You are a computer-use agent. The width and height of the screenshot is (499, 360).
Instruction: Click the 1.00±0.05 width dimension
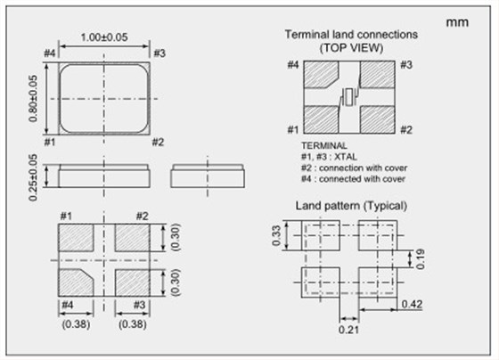tap(104, 37)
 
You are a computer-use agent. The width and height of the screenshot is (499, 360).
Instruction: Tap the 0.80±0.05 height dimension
tap(33, 98)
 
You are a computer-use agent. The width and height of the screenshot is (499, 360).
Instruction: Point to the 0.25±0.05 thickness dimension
tap(33, 177)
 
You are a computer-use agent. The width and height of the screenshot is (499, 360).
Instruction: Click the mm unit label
tap(457, 22)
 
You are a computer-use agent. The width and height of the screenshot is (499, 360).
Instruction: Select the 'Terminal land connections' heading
tap(351, 35)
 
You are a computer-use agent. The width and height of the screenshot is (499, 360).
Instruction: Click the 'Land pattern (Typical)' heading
tap(351, 206)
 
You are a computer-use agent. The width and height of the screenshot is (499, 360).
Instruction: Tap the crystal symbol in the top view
tap(349, 97)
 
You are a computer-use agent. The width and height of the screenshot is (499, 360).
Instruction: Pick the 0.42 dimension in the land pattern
tap(412, 304)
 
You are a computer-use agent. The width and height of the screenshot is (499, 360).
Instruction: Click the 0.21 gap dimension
tap(348, 330)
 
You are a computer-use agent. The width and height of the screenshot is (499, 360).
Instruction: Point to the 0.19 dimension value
tap(420, 259)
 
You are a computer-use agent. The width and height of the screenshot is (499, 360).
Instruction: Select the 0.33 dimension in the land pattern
tap(276, 235)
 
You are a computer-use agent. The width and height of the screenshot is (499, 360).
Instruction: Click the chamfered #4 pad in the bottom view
tap(76, 282)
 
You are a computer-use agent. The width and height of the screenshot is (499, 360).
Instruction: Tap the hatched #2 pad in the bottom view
tap(133, 238)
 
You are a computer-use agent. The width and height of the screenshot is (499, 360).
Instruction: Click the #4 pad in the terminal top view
tap(320, 74)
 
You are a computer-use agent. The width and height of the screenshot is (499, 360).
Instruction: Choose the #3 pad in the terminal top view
tap(378, 74)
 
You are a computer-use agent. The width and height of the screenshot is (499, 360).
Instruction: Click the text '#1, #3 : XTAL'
tap(329, 157)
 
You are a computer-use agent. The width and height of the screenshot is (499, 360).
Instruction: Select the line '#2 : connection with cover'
tap(355, 168)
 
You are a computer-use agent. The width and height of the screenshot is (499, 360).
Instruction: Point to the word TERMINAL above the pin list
tap(324, 145)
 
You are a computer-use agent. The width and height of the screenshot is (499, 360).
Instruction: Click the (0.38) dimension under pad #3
tap(133, 324)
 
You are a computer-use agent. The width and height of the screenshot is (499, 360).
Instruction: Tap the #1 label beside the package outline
tap(50, 142)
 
